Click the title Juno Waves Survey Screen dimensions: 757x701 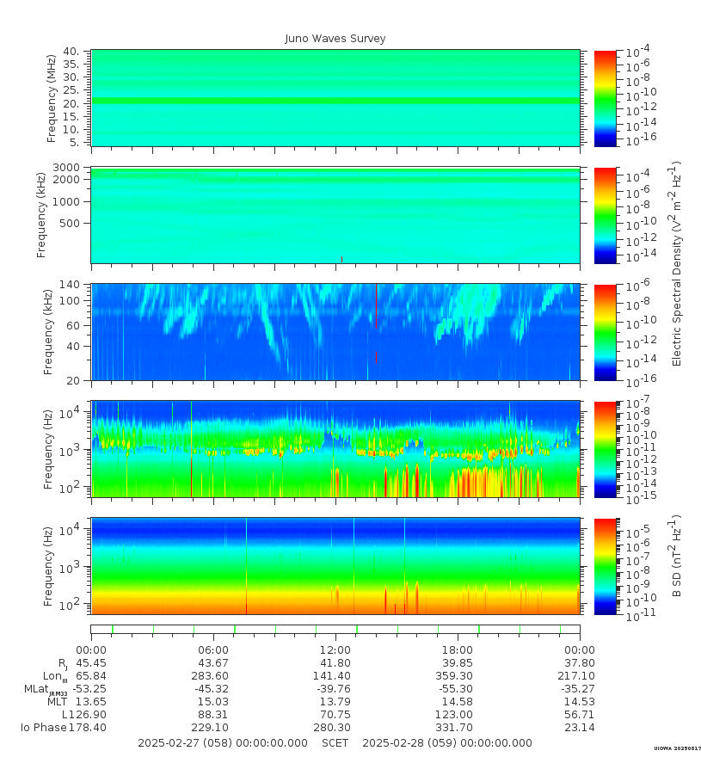335,39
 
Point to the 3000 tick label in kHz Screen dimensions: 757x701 69,167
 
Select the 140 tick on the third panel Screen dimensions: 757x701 71,284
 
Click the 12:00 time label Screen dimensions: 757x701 335,650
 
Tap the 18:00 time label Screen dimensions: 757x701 457,650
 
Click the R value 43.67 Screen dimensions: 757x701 213,663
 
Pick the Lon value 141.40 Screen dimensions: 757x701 335,676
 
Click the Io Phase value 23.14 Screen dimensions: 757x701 579,728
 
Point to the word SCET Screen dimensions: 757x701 335,743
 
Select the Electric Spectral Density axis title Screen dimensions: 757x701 677,262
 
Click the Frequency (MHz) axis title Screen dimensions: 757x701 52,98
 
